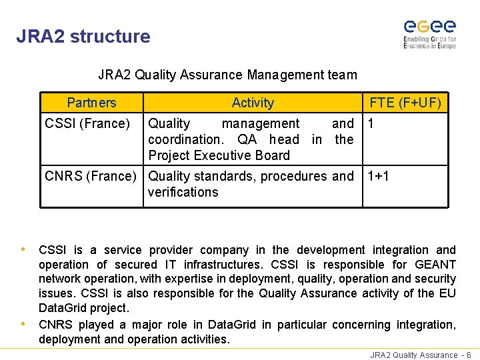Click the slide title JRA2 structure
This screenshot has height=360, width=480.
pos(83,36)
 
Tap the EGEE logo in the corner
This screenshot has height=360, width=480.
pos(429,33)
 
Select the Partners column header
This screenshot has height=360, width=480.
pos(91,103)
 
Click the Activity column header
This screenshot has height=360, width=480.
pos(253,103)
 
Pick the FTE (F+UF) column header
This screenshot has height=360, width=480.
pos(405,103)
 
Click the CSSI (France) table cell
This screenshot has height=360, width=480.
pos(87,123)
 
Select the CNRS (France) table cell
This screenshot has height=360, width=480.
pos(90,176)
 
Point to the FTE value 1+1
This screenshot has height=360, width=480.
pos(379,176)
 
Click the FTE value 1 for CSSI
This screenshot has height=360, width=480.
pos(371,123)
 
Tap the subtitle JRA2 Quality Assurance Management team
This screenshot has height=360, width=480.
pos(227,75)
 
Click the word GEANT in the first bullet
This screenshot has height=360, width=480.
pos(435,265)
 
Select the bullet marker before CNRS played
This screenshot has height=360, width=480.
pos(24,325)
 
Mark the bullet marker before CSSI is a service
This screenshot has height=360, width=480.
pos(24,249)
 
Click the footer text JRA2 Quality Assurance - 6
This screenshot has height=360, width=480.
pos(421,355)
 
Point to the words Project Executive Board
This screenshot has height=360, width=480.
pos(219,155)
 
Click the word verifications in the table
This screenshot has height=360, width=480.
pos(183,192)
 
